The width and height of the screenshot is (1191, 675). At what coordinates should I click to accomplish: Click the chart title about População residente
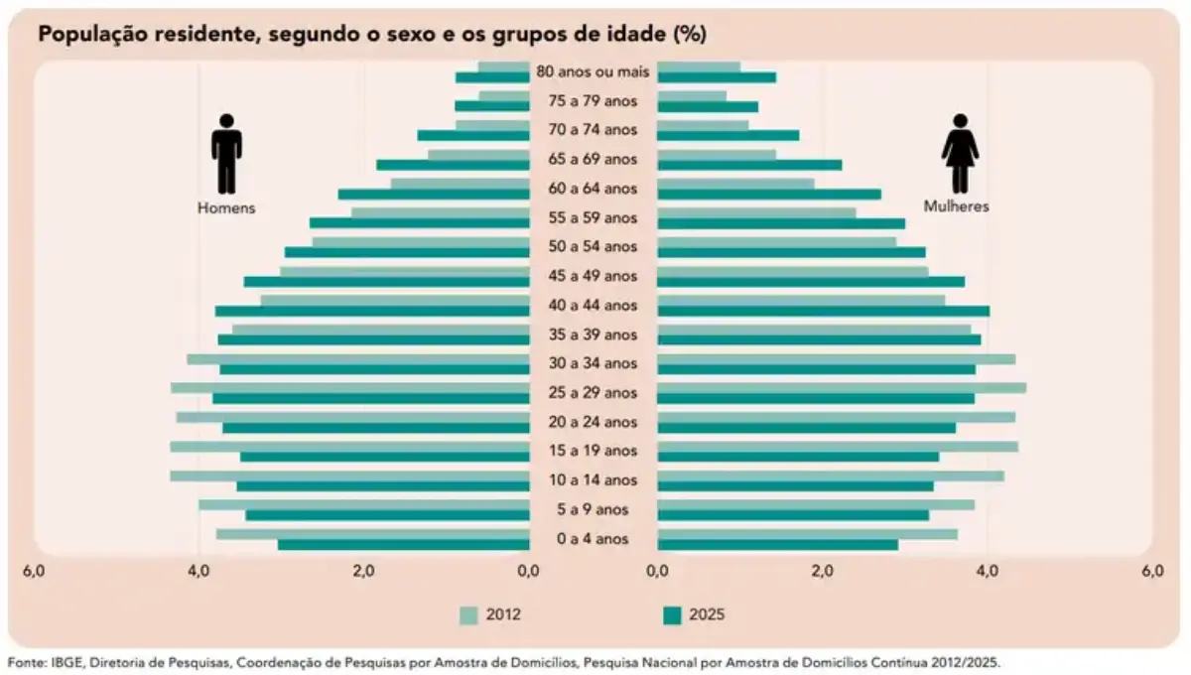click(x=372, y=34)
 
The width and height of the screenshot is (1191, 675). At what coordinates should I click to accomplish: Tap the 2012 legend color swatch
click(x=469, y=614)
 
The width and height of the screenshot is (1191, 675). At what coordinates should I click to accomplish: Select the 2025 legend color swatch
click(x=672, y=614)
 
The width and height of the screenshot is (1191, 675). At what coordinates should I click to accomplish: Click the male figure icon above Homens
click(x=226, y=153)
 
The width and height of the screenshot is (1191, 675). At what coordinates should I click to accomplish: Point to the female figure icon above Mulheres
click(x=960, y=153)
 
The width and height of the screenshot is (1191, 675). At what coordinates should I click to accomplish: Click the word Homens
click(x=226, y=208)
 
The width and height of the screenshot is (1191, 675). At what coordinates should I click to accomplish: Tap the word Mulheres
click(x=957, y=207)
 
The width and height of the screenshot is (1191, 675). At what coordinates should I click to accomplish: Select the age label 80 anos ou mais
click(x=593, y=71)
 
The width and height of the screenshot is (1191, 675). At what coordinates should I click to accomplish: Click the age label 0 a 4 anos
click(x=593, y=539)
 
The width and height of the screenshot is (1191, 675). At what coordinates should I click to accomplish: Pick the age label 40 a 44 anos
click(x=593, y=305)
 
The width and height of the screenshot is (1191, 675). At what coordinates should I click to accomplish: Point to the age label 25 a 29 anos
click(x=593, y=393)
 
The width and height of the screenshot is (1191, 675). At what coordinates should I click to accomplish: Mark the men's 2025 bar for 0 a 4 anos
click(x=404, y=545)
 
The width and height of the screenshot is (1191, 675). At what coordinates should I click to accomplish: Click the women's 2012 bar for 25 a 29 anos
click(x=842, y=388)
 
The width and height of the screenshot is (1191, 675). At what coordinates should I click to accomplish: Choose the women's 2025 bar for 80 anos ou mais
click(x=717, y=77)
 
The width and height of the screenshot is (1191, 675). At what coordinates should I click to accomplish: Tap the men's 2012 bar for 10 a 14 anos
click(x=349, y=475)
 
